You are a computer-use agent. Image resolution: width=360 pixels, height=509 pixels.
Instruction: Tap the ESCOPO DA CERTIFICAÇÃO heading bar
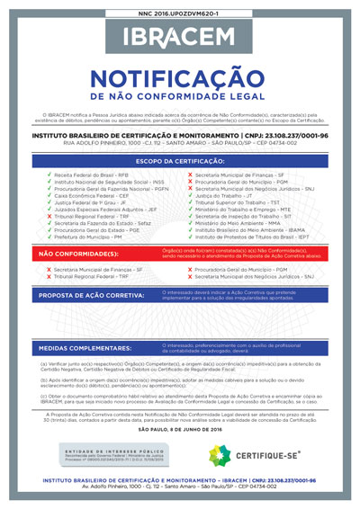point(179,160)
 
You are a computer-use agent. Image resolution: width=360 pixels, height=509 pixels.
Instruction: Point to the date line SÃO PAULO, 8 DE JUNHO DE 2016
point(179,430)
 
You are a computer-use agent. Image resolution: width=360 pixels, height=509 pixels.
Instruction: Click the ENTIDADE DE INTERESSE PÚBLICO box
point(112,454)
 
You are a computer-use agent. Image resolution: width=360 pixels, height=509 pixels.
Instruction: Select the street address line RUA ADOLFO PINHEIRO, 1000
point(179,142)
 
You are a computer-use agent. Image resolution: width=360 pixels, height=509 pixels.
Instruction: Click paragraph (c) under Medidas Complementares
point(179,400)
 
